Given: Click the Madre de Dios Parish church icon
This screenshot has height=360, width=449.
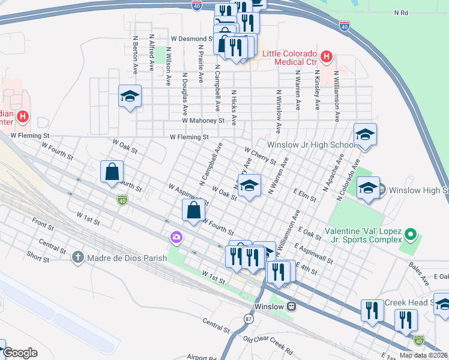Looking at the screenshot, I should [x=77, y=258].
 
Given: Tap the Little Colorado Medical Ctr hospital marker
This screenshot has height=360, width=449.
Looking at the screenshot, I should [x=326, y=58].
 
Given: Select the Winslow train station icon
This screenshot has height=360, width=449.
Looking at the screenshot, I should [x=291, y=306].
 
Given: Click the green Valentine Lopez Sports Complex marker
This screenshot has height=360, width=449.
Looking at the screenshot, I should [x=410, y=233].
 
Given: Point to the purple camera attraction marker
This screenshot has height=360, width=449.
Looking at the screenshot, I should [x=176, y=238].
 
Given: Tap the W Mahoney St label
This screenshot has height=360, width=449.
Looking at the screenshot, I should [x=203, y=120].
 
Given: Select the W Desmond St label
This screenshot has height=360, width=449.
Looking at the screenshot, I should [x=192, y=37].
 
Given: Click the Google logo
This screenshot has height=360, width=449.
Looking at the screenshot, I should [x=20, y=353].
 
